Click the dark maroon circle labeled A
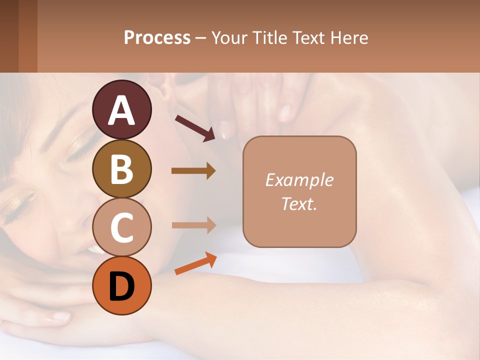pyautogui.click(x=122, y=110)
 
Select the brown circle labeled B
pyautogui.click(x=122, y=168)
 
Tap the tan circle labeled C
pyautogui.click(x=122, y=227)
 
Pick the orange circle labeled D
pyautogui.click(x=122, y=285)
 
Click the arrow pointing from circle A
pyautogui.click(x=195, y=127)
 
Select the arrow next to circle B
pyautogui.click(x=193, y=171)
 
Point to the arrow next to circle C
pyautogui.click(x=193, y=225)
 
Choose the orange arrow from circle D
pyautogui.click(x=195, y=263)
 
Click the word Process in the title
pyautogui.click(x=157, y=38)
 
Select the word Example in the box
pyautogui.click(x=299, y=180)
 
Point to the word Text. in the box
pyautogui.click(x=299, y=203)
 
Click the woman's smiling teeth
pyautogui.click(x=93, y=249)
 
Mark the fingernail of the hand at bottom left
pyautogui.click(x=59, y=316)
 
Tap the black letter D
pyautogui.click(x=122, y=286)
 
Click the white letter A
pyautogui.click(x=122, y=110)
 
